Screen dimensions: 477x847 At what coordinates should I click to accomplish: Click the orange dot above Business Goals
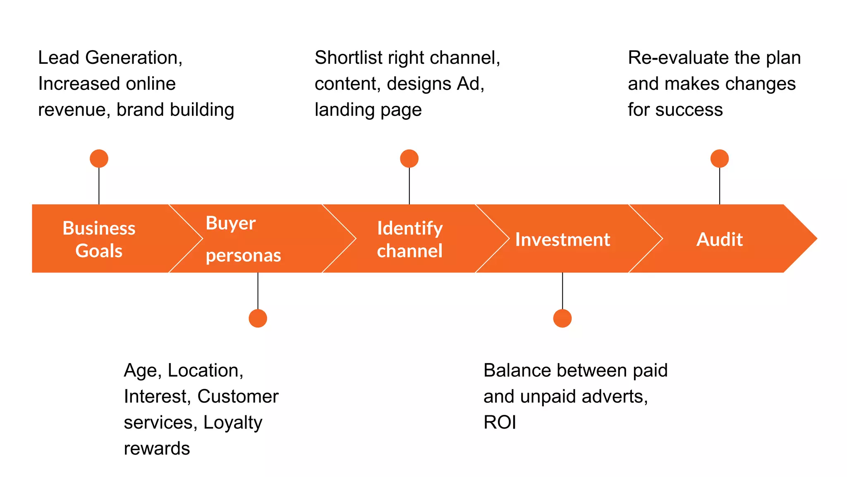point(99,159)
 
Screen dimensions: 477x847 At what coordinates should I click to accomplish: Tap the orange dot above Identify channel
point(409,159)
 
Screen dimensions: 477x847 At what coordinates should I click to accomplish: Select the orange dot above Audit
point(719,159)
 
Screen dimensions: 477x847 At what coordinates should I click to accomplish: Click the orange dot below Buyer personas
point(258,318)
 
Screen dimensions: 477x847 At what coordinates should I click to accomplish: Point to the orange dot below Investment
point(562,318)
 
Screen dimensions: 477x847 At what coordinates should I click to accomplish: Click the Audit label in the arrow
point(719,239)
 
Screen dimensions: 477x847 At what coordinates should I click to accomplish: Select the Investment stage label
point(562,239)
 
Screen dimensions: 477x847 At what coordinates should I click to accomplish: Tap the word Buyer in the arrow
point(230,224)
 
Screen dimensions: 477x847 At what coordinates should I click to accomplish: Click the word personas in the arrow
point(243,255)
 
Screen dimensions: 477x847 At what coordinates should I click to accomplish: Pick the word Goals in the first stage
point(99,251)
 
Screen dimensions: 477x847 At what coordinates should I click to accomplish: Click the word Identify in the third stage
point(409,229)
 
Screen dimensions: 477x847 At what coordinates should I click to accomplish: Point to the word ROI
point(500,422)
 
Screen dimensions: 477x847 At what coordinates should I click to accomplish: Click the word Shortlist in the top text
point(349,58)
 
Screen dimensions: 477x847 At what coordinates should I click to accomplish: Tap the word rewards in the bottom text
point(157,448)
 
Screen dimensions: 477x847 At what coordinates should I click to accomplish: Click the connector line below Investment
point(562,291)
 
